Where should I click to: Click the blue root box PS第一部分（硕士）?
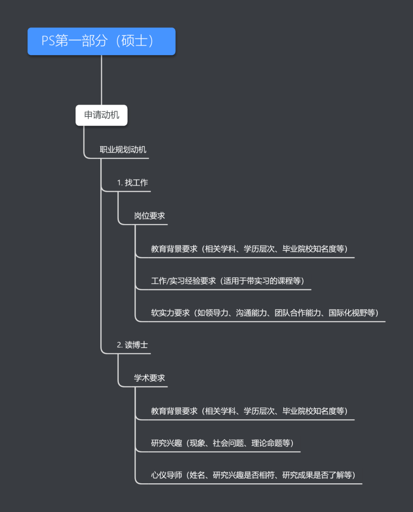(101, 41)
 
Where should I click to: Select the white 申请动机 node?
(101, 115)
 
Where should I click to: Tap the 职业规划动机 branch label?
(123, 150)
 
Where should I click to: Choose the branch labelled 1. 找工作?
(132, 183)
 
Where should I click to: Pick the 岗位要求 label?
(149, 216)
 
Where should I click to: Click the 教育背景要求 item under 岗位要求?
(249, 249)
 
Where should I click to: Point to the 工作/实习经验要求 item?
(227, 281)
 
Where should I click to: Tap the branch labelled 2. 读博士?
(132, 345)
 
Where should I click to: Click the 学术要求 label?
(149, 378)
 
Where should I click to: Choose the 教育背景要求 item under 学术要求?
(249, 411)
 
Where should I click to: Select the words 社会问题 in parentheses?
(228, 443)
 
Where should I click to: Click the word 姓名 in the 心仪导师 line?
(197, 475)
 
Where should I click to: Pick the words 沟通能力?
(251, 313)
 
